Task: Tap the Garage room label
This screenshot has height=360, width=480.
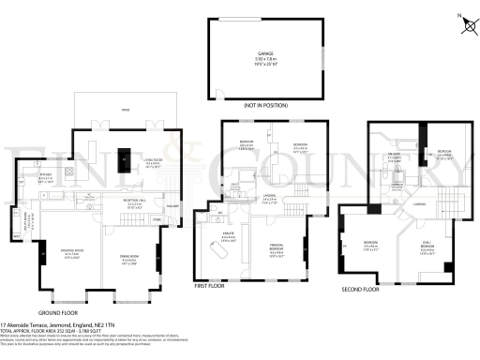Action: (264, 54)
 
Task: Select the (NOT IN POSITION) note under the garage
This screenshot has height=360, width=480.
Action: (264, 107)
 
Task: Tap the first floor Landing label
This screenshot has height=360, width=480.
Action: (269, 199)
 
